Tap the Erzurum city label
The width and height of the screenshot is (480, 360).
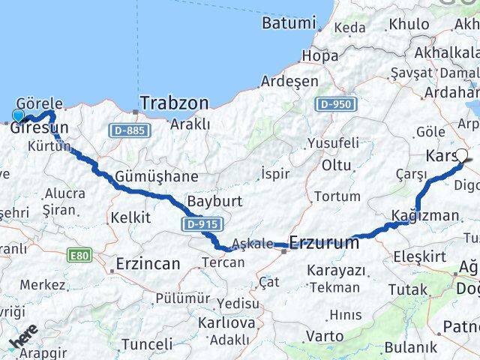point(323,242)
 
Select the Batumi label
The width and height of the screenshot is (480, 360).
point(289,22)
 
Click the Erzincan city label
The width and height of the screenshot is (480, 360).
point(148,263)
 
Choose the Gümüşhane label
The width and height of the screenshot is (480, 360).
point(157,177)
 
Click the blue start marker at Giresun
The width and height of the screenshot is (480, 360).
point(18,115)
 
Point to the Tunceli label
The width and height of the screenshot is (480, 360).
point(146,344)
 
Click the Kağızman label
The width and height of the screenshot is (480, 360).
point(424,216)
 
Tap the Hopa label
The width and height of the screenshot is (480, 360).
point(319,55)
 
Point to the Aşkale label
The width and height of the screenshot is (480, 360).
point(250,243)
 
